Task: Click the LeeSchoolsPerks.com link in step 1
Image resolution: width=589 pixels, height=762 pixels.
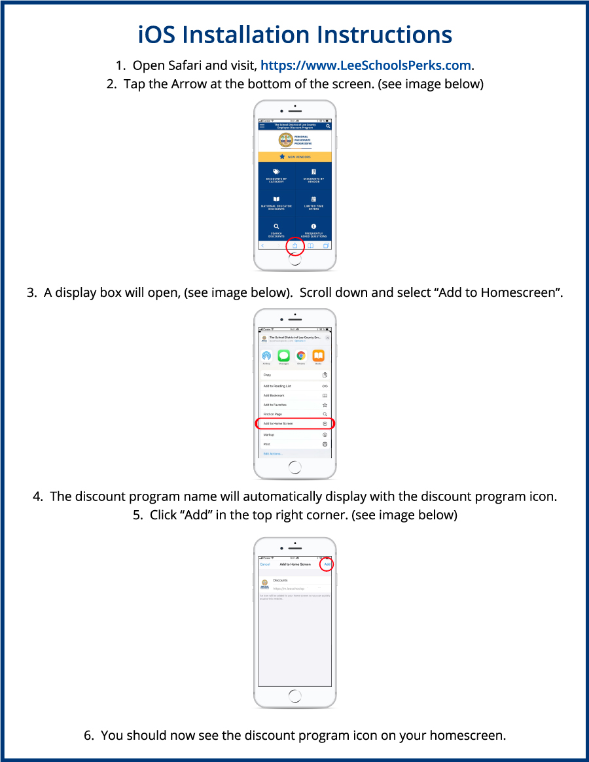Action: (x=366, y=65)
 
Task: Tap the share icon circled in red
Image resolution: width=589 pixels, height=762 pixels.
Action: (x=294, y=246)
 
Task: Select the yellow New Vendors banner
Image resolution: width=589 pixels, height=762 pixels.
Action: (x=294, y=157)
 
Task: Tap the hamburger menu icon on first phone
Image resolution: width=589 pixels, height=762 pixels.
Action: (x=262, y=126)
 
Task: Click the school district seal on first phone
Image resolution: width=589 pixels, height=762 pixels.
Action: (x=285, y=140)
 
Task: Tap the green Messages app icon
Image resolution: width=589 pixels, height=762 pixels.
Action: (x=283, y=356)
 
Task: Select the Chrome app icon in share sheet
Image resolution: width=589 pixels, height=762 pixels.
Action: (x=301, y=356)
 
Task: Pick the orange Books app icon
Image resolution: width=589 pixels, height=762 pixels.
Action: (x=318, y=356)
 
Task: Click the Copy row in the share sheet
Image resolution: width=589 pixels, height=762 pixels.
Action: (x=294, y=375)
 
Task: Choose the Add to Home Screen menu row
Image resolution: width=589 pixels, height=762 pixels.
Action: (x=294, y=424)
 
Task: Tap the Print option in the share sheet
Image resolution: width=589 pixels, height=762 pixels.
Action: (x=294, y=444)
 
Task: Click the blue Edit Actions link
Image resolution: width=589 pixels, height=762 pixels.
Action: (x=273, y=454)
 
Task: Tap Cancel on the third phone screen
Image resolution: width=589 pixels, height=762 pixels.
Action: (x=265, y=564)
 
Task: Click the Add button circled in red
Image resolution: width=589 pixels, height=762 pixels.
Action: (x=327, y=564)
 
